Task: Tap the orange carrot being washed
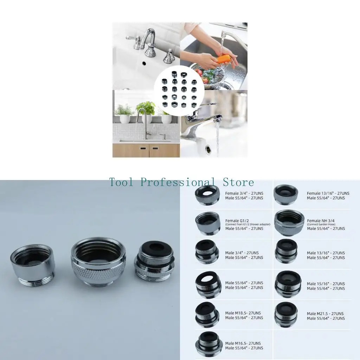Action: coord(224,59)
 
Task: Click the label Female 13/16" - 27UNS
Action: coord(328,193)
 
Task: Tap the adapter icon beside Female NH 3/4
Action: coord(289,223)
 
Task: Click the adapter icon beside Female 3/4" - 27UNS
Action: coord(207,195)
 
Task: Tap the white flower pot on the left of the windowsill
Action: coord(125,118)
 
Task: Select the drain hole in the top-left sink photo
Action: coord(143,64)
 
